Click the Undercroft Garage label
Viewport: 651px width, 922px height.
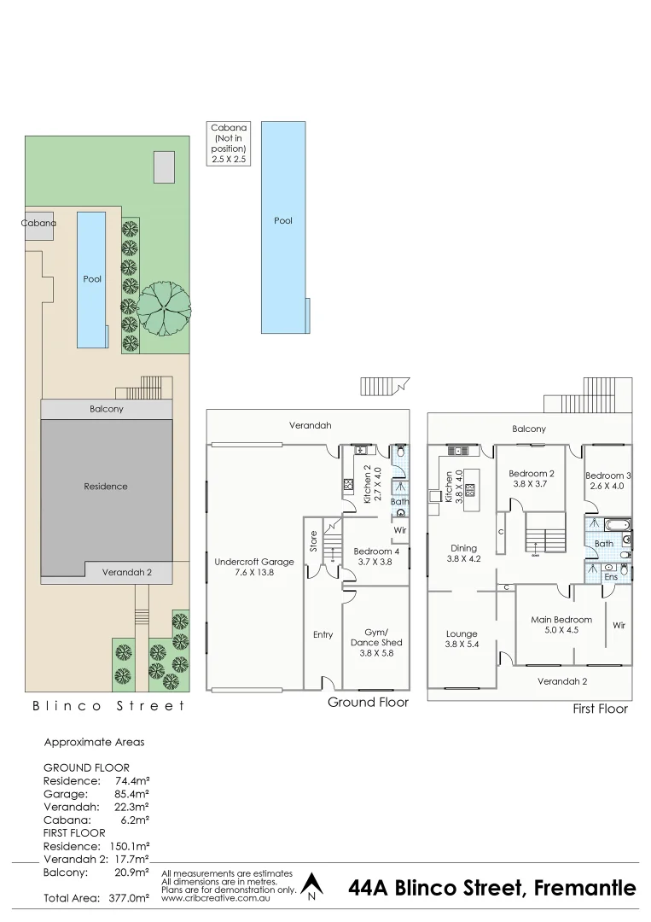pyautogui.click(x=253, y=568)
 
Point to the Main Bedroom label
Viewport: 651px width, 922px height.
pyautogui.click(x=561, y=625)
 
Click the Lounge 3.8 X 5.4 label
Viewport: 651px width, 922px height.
pyautogui.click(x=461, y=639)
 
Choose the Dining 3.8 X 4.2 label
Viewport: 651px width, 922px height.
pyautogui.click(x=464, y=554)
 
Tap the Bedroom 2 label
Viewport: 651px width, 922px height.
pyautogui.click(x=532, y=479)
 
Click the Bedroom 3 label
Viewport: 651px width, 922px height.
pyautogui.click(x=607, y=481)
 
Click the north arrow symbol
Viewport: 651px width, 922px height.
pyautogui.click(x=312, y=886)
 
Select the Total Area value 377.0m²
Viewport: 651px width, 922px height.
pyautogui.click(x=129, y=898)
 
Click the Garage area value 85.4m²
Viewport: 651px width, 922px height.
pyautogui.click(x=132, y=793)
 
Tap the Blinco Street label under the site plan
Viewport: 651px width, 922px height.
pyautogui.click(x=108, y=705)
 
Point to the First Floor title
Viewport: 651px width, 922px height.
pyautogui.click(x=600, y=709)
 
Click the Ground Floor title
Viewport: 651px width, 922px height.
pyautogui.click(x=368, y=702)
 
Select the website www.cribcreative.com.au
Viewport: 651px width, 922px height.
pyautogui.click(x=217, y=898)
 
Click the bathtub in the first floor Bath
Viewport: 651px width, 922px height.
pyautogui.click(x=615, y=524)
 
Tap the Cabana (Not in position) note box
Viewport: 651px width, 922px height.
pyautogui.click(x=228, y=143)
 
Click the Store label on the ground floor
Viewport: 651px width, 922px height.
pyautogui.click(x=314, y=543)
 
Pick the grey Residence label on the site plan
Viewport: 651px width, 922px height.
pyautogui.click(x=106, y=486)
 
